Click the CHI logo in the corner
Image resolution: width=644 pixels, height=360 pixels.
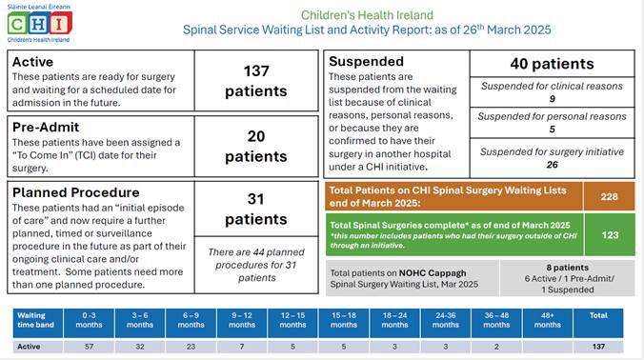coord(39,20)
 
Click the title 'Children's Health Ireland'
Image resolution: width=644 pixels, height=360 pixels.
coord(367,15)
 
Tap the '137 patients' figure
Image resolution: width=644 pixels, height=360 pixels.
coord(255,81)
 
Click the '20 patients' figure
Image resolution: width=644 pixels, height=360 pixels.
coord(255,146)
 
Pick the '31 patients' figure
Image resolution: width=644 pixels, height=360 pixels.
coord(255,210)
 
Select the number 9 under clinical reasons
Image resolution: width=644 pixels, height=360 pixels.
coord(552,98)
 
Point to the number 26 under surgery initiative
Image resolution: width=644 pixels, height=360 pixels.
coord(552,164)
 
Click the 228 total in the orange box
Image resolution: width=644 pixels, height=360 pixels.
coord(609,196)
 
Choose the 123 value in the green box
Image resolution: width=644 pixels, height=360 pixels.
coord(609,233)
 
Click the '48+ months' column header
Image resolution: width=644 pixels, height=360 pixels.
coord(548,319)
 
